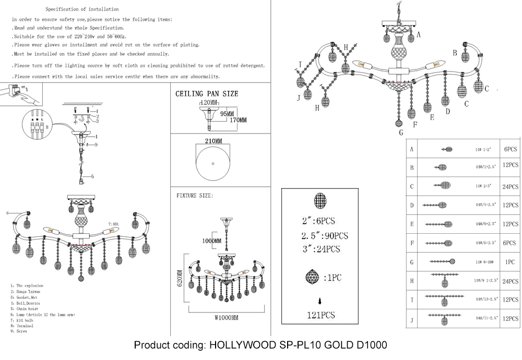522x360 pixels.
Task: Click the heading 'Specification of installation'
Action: (x=82, y=9)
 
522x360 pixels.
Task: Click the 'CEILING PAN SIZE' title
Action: (x=207, y=94)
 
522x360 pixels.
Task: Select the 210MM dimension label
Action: (x=213, y=141)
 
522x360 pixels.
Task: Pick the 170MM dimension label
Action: (x=235, y=120)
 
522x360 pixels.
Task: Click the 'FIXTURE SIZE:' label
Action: (x=195, y=195)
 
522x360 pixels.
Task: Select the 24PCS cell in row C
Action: (x=510, y=187)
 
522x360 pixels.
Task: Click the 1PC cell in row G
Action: (x=510, y=261)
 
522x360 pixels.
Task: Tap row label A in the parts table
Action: (x=412, y=150)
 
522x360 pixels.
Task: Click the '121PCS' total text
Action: (x=320, y=315)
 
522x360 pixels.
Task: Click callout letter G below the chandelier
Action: (x=401, y=133)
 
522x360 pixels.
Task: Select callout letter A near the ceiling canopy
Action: (x=418, y=34)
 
